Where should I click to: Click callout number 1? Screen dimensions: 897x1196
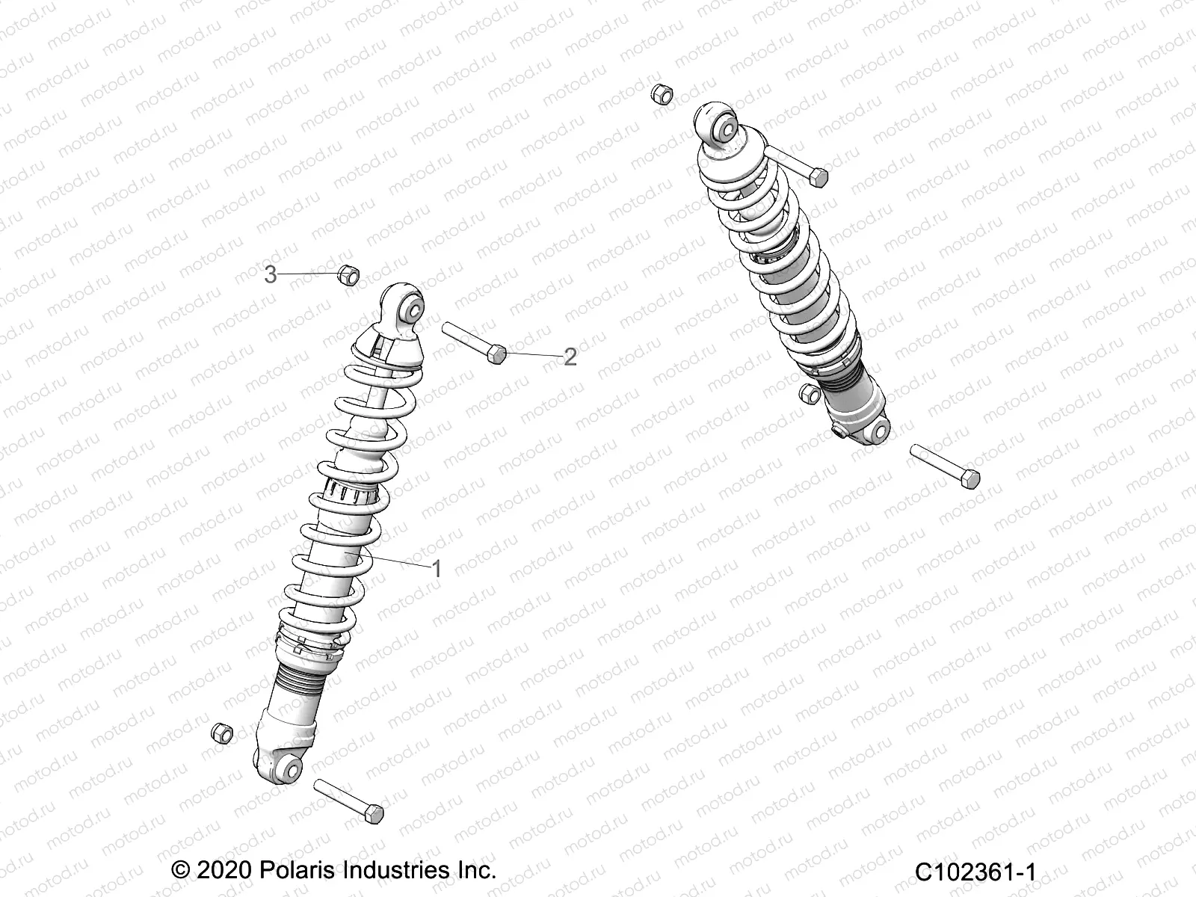click(437, 569)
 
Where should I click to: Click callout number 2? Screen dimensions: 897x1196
click(570, 357)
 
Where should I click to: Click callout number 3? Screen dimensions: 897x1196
click(271, 275)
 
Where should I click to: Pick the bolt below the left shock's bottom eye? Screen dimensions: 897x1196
click(348, 801)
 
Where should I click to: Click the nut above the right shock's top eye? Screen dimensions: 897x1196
click(662, 94)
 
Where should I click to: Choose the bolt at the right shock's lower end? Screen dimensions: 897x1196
click(945, 466)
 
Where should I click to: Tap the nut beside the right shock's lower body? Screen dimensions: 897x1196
click(806, 392)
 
